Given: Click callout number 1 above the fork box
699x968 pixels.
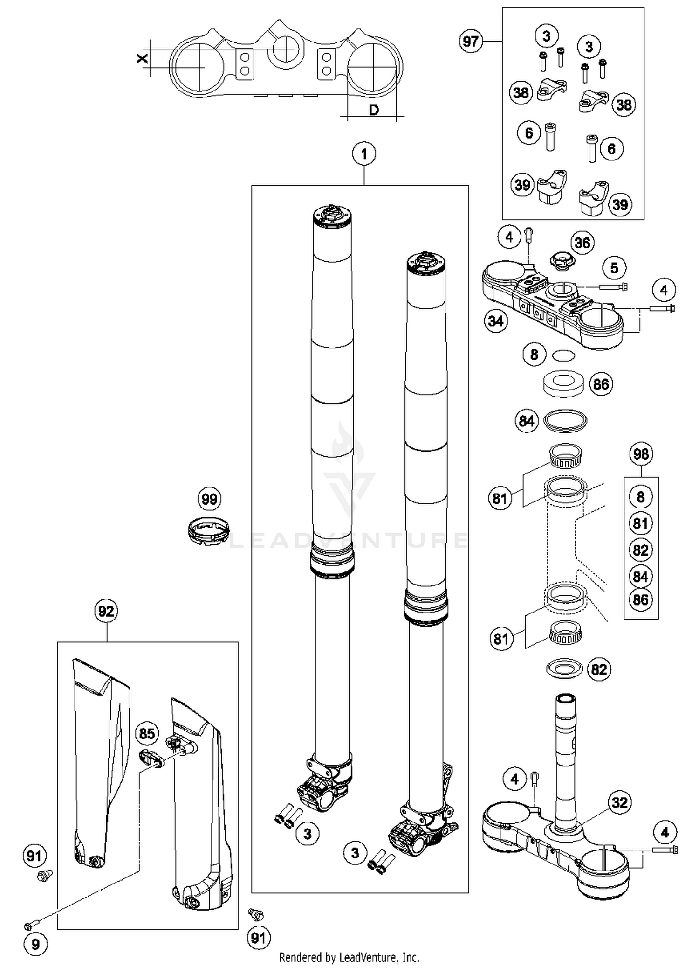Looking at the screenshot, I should click(364, 153).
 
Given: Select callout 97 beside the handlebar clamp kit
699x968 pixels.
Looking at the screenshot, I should click(470, 41).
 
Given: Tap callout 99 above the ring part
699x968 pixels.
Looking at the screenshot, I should click(209, 499).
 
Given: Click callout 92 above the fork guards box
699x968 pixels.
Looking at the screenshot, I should click(106, 611).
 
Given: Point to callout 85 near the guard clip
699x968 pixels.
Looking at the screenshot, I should click(147, 733).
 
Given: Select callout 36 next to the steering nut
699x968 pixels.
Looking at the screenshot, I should click(582, 243).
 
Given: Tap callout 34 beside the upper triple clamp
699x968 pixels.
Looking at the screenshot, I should click(496, 321).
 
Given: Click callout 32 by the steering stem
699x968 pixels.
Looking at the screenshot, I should click(620, 802).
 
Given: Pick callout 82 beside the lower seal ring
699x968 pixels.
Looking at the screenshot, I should click(599, 669).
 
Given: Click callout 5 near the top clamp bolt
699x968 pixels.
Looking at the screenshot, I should click(614, 268).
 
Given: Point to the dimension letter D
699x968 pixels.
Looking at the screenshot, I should click(374, 111).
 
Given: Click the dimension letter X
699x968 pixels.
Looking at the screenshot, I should click(142, 58).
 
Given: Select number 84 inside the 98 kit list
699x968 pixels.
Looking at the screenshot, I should click(641, 577).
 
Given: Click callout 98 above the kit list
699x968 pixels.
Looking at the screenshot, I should click(641, 453).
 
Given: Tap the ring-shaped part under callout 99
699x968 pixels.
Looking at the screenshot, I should click(209, 530).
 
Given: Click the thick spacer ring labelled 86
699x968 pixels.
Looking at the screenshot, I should click(564, 383).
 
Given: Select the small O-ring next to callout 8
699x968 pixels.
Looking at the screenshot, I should click(563, 356).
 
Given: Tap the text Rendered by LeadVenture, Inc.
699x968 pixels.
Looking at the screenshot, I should click(349, 958).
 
